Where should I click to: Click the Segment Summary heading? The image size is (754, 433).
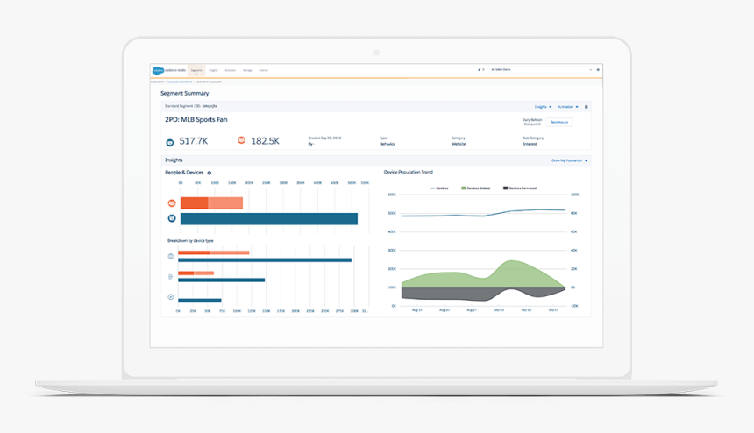point(184,93)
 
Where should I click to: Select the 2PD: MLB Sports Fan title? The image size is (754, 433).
point(196,119)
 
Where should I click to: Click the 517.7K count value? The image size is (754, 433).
point(193,140)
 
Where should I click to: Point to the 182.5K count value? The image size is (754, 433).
point(265,140)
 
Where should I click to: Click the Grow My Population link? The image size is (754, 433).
point(569,160)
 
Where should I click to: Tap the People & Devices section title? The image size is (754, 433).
point(184,173)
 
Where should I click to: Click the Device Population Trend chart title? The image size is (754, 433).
point(409,173)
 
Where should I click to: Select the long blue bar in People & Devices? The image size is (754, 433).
point(268,218)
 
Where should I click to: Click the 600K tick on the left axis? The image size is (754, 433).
point(392,213)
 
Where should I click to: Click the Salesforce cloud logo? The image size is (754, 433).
point(158,69)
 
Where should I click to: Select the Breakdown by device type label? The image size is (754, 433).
point(190,240)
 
